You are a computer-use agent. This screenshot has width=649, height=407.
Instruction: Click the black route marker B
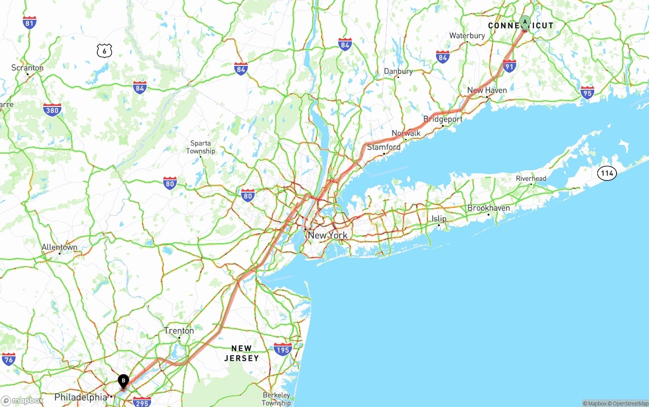coord(123,381)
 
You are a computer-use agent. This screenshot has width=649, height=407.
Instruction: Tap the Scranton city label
coord(28,68)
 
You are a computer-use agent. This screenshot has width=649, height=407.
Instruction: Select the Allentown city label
coord(59,247)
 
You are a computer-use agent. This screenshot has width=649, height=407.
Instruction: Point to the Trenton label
coord(178,330)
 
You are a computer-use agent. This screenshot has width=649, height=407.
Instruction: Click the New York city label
coord(328,235)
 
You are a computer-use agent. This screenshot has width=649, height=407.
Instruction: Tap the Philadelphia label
coord(81,397)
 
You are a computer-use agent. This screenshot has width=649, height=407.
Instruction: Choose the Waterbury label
coord(467,35)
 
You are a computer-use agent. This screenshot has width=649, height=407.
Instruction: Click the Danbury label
coord(398,71)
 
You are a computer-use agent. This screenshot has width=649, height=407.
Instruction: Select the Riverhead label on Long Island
coord(531,178)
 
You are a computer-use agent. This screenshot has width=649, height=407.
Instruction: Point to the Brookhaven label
coord(488,208)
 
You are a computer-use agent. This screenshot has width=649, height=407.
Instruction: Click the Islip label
coord(439,218)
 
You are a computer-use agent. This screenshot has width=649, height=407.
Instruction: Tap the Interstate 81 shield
coord(29,22)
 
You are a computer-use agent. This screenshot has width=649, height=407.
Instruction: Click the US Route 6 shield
coord(104,50)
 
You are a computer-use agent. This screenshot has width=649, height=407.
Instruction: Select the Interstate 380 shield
coord(52,109)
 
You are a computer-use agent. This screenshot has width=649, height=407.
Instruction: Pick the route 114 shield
coord(606,173)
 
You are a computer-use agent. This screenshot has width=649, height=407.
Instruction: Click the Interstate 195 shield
coord(282,349)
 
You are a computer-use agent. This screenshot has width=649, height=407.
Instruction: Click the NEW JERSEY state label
coord(241,353)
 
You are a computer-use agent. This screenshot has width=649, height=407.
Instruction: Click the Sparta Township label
coord(200,147)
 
